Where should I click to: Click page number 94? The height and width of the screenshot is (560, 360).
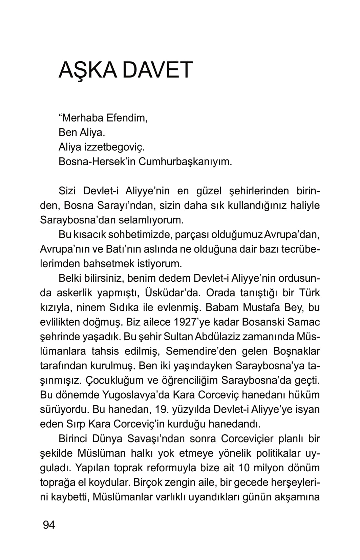pyautogui.click(x=49, y=525)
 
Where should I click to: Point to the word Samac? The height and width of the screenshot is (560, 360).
pyautogui.click(x=305, y=322)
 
